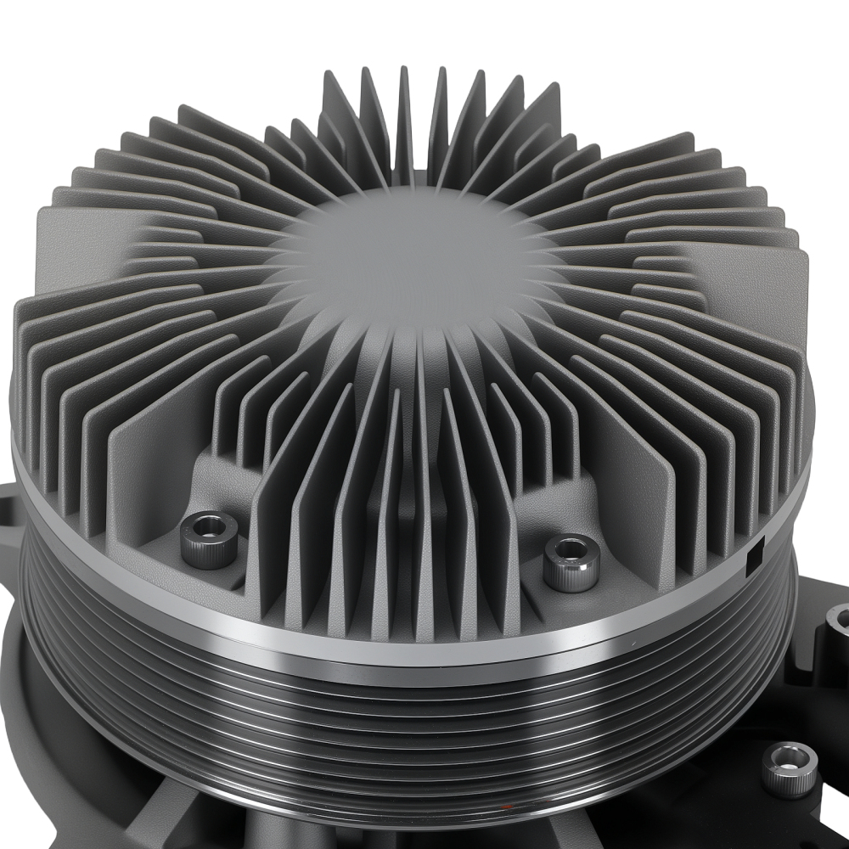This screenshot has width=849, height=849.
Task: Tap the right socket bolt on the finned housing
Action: [x=571, y=561]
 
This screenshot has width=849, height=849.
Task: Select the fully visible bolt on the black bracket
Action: [x=789, y=768]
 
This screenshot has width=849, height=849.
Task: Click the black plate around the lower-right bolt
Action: [x=815, y=815]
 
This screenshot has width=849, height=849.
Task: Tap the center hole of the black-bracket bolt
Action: [x=789, y=759]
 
